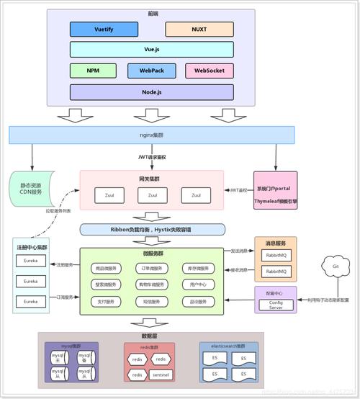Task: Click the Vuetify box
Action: (104, 30)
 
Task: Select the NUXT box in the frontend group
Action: (199, 30)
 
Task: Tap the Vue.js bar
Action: (151, 50)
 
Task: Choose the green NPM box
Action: (94, 71)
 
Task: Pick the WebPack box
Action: (151, 71)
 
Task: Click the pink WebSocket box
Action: (209, 71)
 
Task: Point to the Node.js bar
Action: (151, 92)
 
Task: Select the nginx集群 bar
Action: (151, 135)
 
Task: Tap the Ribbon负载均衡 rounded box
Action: (152, 230)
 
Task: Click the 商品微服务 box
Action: (110, 268)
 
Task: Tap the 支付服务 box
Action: (110, 301)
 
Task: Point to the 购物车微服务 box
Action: (153, 284)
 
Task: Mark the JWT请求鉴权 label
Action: (152, 157)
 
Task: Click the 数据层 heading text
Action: (151, 335)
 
